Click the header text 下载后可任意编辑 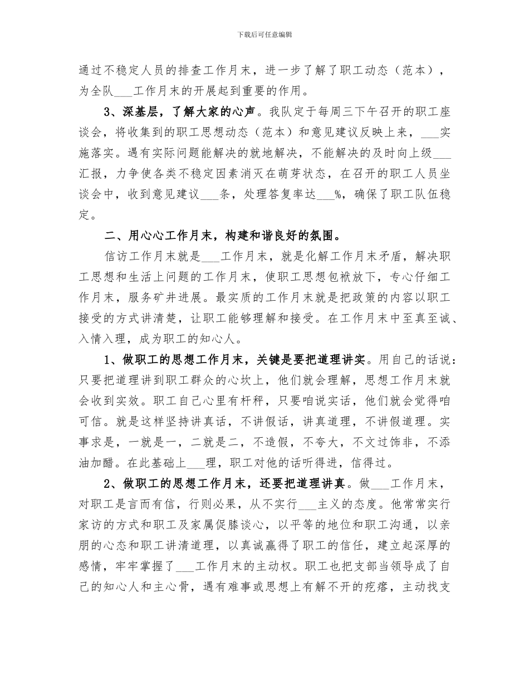[x=264, y=35]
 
